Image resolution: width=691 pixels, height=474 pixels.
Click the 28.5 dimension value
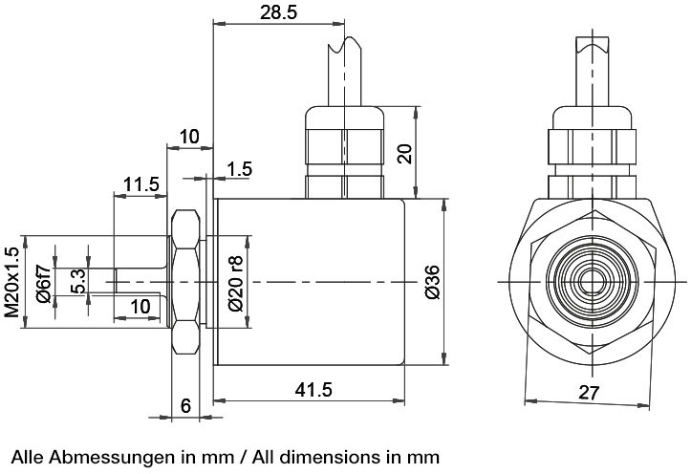[x=278, y=12]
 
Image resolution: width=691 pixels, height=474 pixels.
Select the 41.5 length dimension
[x=313, y=389]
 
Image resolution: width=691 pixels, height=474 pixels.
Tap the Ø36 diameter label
[x=433, y=282]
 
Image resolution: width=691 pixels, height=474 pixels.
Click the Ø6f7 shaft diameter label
[x=44, y=283]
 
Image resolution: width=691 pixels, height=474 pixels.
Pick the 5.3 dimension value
[x=77, y=282]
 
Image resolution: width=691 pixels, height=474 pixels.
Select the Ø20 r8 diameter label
[x=236, y=283]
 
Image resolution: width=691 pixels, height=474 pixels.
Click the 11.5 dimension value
[x=140, y=184]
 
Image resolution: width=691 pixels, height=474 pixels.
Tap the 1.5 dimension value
[x=239, y=169]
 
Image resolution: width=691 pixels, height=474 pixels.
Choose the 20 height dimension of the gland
[x=404, y=153]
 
